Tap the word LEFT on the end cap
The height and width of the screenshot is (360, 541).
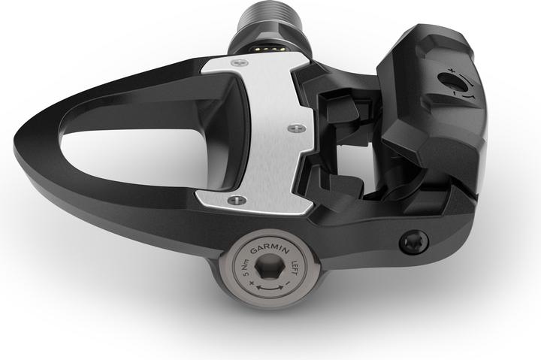(295, 265)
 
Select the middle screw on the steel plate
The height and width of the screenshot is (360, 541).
(292, 129)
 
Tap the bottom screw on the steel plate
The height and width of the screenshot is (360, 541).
(237, 200)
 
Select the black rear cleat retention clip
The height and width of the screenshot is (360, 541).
(432, 113)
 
